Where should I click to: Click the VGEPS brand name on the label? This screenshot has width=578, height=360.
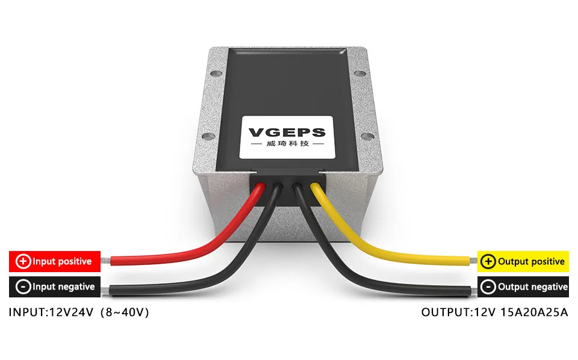[x=287, y=132]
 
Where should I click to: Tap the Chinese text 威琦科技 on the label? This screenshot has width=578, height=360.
[x=287, y=145]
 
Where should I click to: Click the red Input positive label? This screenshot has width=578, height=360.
[x=54, y=261]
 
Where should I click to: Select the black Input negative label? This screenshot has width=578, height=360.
[x=54, y=287]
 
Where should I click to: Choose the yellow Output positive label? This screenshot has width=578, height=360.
[x=523, y=261]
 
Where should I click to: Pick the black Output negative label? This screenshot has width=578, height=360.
[x=523, y=287]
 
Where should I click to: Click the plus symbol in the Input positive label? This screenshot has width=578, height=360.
[x=23, y=261]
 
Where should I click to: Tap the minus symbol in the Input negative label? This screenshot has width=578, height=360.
[x=23, y=287]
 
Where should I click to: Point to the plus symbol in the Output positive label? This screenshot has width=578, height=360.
[x=489, y=261]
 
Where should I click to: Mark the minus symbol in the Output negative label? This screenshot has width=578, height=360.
[x=489, y=287]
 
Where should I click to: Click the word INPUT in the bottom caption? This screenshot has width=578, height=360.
[x=24, y=312]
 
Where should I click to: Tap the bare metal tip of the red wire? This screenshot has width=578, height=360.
[x=106, y=261]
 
